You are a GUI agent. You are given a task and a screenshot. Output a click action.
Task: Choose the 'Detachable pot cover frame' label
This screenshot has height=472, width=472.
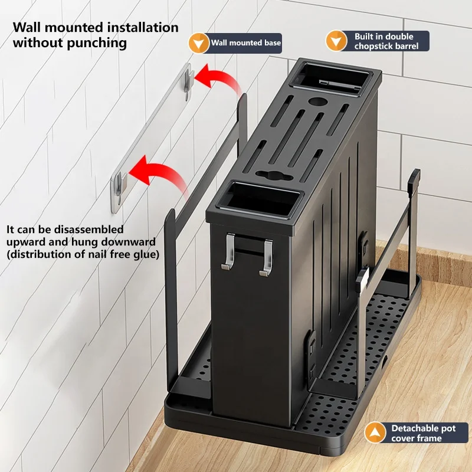(x=423, y=432)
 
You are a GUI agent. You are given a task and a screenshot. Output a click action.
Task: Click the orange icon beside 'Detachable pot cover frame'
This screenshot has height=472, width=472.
(x=375, y=432)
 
